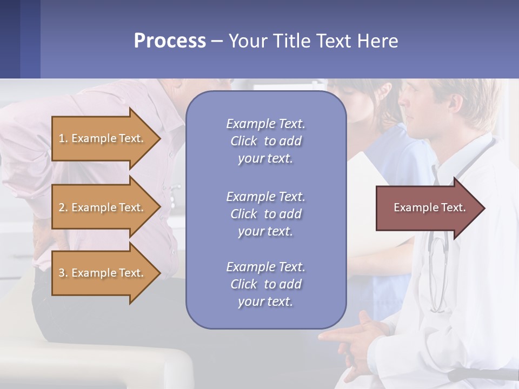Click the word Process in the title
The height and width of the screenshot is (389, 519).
(170, 41)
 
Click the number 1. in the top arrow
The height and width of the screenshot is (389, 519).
(63, 138)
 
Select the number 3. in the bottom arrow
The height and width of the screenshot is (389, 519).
(63, 273)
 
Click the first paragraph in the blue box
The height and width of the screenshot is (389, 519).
(265, 141)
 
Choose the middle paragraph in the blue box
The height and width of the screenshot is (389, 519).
(265, 214)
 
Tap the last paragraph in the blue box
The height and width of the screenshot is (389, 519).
(265, 284)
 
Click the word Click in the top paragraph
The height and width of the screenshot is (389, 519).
(243, 141)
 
